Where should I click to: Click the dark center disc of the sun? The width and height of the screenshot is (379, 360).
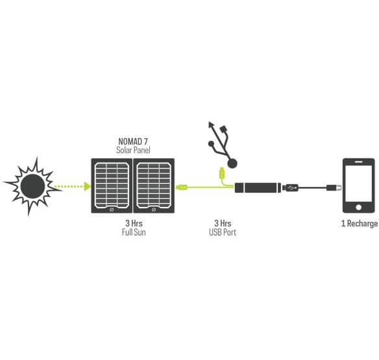point(32,186)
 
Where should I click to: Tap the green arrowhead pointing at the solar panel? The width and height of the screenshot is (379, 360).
point(87,186)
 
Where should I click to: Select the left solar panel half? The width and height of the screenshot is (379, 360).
point(112,186)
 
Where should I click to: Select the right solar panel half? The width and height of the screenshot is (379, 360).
point(154,186)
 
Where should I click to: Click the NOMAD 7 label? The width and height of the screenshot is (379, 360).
point(133,141)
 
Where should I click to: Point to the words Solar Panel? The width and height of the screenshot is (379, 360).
point(133,150)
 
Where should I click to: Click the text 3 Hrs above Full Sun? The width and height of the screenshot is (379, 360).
point(134,223)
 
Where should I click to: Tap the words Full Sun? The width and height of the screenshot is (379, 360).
point(134,232)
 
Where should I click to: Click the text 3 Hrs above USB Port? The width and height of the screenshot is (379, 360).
point(223,223)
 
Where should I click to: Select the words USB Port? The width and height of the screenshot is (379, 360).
point(223,232)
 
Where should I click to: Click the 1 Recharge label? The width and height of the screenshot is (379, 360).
point(360,224)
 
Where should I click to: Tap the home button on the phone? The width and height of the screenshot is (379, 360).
point(359,207)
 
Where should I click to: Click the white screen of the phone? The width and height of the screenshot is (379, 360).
point(359,184)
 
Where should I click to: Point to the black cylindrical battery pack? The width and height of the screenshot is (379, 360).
point(258,187)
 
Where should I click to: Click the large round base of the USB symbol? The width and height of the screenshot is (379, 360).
point(232,163)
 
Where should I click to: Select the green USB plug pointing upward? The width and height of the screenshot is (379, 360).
point(222,173)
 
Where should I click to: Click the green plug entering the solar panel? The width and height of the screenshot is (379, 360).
point(182,187)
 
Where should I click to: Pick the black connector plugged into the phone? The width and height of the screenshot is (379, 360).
point(334,187)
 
